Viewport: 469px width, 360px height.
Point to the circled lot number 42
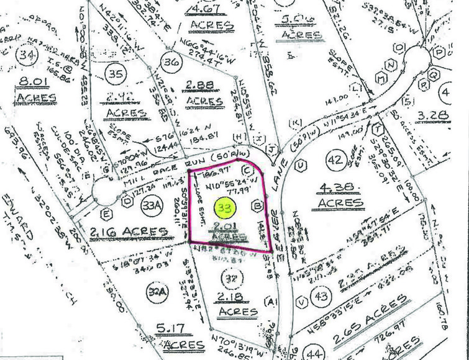coord(335,161)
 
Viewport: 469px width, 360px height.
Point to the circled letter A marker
coord(270,302)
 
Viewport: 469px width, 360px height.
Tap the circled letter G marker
coord(106,169)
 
